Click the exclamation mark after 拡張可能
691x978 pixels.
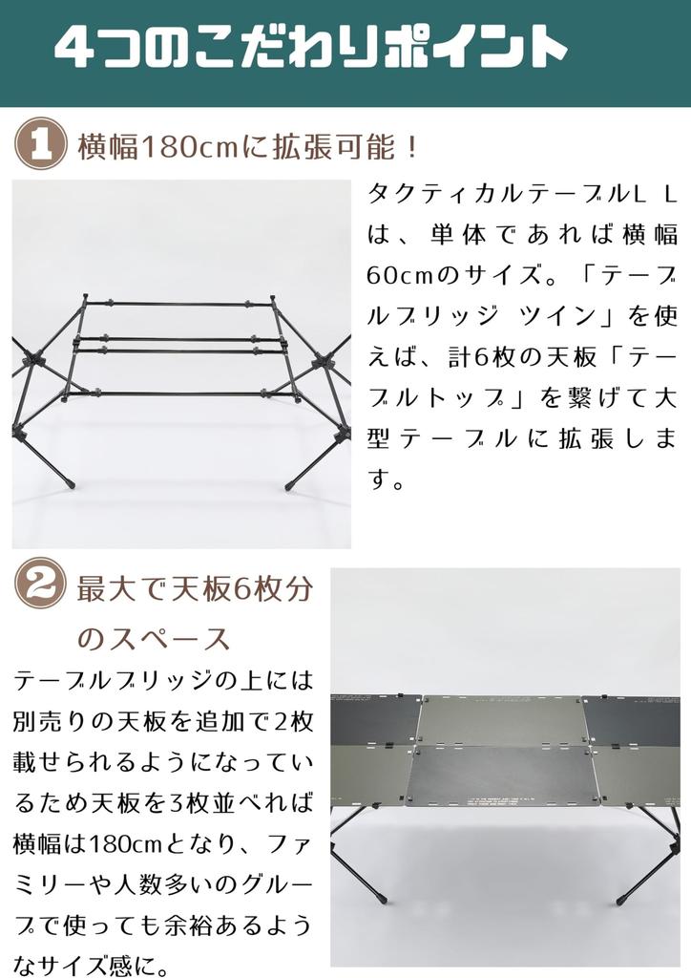(411, 148)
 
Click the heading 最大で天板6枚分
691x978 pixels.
(195, 589)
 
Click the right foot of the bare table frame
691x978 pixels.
(288, 487)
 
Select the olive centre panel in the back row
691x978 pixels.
(500, 721)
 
